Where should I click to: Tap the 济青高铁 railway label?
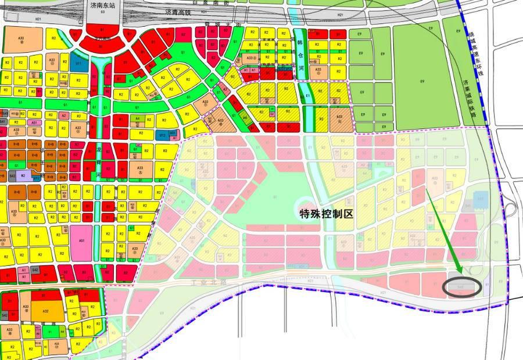click(x=177, y=12)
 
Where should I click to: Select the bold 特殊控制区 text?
click(x=326, y=213)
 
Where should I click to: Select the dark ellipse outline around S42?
click(x=463, y=287)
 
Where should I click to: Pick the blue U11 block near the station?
click(x=76, y=64)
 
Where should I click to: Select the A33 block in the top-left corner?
click(x=22, y=39)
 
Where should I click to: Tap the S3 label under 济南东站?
click(x=103, y=12)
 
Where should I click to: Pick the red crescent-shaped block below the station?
click(x=103, y=44)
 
